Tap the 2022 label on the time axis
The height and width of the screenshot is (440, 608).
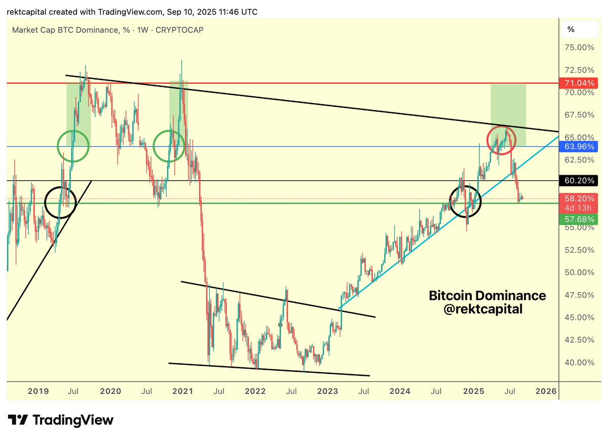[x=255, y=391]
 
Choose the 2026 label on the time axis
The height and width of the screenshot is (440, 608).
[x=546, y=391]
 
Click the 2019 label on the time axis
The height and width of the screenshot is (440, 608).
[x=38, y=391]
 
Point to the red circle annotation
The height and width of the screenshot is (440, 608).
[x=502, y=140]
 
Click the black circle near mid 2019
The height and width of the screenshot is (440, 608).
[x=60, y=203]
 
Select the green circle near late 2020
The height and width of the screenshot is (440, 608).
[x=169, y=145]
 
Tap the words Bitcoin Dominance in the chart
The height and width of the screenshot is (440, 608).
[x=487, y=296]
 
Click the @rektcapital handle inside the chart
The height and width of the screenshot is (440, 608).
[x=482, y=309]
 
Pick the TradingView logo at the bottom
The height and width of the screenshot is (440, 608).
[x=60, y=420]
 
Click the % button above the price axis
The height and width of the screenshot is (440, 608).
[x=571, y=29]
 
